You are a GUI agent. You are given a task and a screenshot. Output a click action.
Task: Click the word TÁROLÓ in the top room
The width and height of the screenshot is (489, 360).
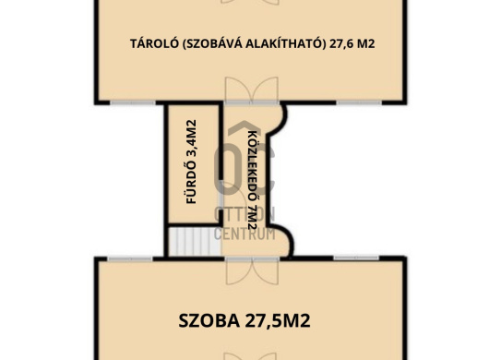[149, 43]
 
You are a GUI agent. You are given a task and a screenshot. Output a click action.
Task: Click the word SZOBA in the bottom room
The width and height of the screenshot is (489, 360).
[210, 321]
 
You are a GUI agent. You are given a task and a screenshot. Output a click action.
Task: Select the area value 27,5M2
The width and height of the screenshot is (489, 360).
[276, 321]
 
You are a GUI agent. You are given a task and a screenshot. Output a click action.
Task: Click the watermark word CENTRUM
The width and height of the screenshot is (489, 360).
[244, 232]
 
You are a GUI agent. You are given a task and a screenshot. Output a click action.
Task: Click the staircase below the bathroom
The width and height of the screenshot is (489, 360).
[184, 241]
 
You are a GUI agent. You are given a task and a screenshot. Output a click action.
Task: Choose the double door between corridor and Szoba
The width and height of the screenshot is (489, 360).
[250, 258]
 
